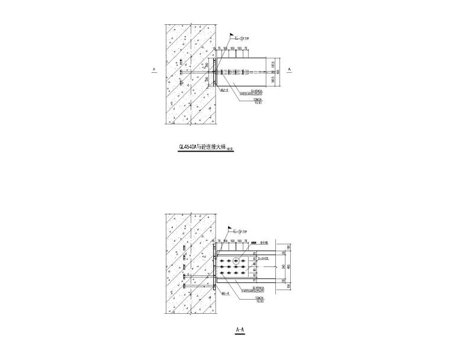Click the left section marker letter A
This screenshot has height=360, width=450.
(153, 69)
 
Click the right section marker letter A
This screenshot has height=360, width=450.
(290, 69)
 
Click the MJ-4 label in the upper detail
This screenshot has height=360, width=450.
(224, 91)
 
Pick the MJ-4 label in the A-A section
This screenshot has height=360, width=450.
(224, 292)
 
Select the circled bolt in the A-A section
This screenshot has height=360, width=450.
(236, 261)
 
